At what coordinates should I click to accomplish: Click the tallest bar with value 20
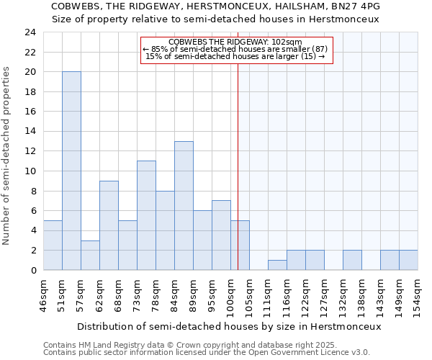[71, 171]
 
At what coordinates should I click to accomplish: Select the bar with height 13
[184, 205]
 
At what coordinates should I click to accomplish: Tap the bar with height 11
[146, 215]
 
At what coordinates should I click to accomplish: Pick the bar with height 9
[109, 225]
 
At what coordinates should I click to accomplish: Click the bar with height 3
[90, 255]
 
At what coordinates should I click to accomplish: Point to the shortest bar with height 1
[277, 265]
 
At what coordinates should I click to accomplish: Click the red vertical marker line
[238, 166]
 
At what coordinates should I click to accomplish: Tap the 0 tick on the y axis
[32, 271]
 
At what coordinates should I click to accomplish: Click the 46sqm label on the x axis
[43, 294]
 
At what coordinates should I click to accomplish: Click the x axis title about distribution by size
[228, 326]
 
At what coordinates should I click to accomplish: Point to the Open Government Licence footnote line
[207, 353]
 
